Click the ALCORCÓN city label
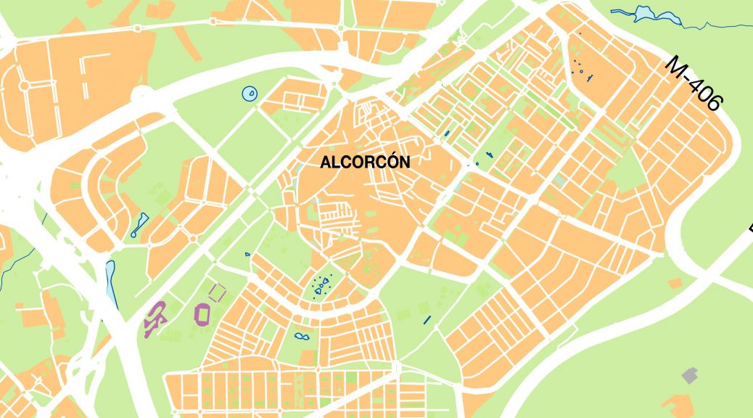coord(365,162)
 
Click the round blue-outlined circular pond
coord(249,93)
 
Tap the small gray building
coord(690,375)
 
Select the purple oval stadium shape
coord(202,313)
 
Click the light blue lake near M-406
coord(643,12)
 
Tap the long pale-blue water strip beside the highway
coord(111,282)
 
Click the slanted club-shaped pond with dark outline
coord(139,225)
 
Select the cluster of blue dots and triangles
coord(320,286)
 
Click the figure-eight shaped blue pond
coord(300,336)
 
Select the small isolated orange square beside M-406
coord(675,282)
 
